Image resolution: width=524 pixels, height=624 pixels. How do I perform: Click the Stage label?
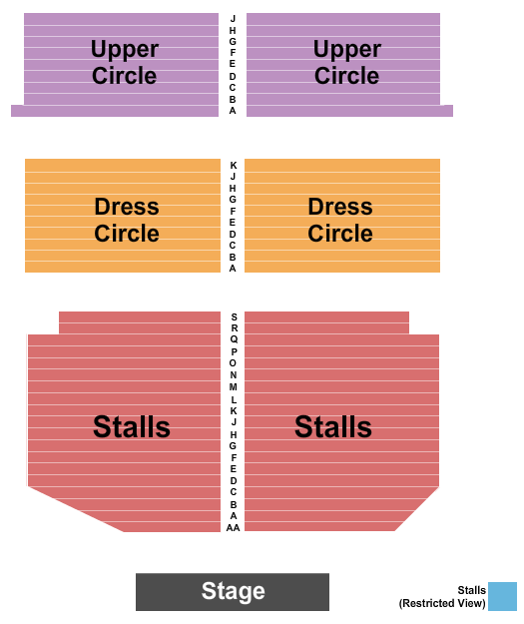click(x=233, y=591)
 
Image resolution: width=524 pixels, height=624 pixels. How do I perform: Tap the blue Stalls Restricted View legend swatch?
click(x=502, y=596)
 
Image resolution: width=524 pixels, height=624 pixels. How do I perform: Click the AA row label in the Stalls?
click(x=234, y=528)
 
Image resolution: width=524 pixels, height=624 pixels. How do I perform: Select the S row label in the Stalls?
click(x=234, y=317)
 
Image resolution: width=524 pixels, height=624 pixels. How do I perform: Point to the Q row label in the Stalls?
click(x=234, y=339)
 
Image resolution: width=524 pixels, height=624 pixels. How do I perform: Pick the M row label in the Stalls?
click(x=234, y=386)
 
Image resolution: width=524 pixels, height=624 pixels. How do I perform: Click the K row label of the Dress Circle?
click(x=234, y=165)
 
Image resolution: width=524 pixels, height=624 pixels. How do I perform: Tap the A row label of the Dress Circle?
click(x=233, y=269)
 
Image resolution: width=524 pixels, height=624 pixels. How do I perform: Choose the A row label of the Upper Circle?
click(x=233, y=111)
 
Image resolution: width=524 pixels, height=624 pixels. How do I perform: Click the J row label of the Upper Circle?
click(x=234, y=19)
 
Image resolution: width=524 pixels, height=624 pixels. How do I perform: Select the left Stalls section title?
click(x=132, y=426)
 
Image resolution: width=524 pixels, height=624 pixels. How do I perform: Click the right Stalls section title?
click(x=333, y=426)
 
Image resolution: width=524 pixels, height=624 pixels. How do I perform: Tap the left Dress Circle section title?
click(x=127, y=220)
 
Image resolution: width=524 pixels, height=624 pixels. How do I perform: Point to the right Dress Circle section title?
click(x=340, y=220)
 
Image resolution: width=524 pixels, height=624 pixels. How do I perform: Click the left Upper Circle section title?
click(x=125, y=63)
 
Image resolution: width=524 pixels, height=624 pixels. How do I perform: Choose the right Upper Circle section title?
click(x=347, y=63)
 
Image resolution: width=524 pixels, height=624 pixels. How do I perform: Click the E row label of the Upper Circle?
click(x=233, y=64)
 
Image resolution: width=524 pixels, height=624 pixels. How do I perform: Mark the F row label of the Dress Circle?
click(x=233, y=212)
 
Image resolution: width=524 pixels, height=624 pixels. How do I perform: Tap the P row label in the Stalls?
click(x=234, y=351)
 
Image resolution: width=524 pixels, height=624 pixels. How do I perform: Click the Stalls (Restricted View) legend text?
click(x=442, y=596)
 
